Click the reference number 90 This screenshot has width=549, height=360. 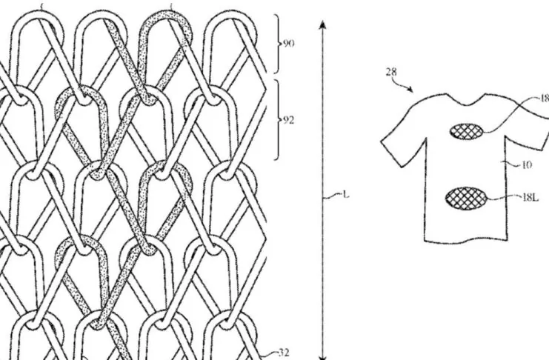tap(288, 44)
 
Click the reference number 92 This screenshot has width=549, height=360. tap(288, 119)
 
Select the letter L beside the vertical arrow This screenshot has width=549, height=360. tap(346, 196)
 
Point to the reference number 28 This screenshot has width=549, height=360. tap(391, 73)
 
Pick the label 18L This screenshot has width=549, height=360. tap(531, 199)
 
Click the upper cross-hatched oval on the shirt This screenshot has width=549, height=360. tap(466, 131)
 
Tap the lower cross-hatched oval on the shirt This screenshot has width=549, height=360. tap(465, 199)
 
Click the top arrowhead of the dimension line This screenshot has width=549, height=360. tap(322, 24)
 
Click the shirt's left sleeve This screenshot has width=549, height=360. tap(401, 141)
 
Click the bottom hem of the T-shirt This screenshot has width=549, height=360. tap(474, 241)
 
